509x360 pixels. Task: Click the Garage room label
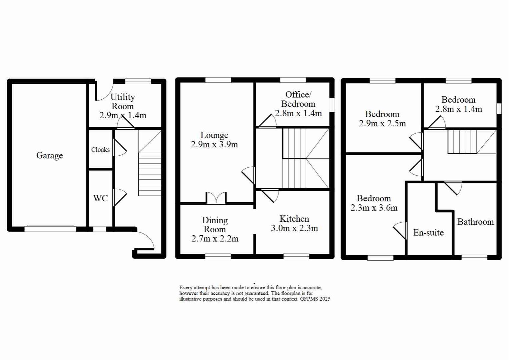[x=49, y=156]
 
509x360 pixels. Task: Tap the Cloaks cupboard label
[x=100, y=150]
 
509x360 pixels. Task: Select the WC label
[x=100, y=198]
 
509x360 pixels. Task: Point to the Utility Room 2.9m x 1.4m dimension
[x=123, y=115]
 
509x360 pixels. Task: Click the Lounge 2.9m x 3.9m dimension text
[x=214, y=144]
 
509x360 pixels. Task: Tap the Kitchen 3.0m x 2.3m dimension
[x=294, y=228]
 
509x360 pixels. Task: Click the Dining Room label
[x=215, y=225]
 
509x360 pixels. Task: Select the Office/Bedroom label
[x=298, y=99]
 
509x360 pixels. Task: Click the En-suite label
[x=428, y=233]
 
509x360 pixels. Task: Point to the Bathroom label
[x=475, y=222]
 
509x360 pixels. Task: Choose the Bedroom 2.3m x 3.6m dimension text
[x=374, y=208]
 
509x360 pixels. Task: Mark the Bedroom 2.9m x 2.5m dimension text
[x=382, y=124]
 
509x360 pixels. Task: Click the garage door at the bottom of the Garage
[x=50, y=229]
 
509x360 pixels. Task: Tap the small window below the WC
[x=99, y=229]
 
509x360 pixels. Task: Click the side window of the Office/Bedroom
[x=332, y=105]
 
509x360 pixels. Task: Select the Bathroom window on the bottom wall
[x=474, y=257]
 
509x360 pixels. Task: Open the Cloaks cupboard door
[x=120, y=148]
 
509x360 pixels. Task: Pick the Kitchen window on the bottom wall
[x=296, y=256]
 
